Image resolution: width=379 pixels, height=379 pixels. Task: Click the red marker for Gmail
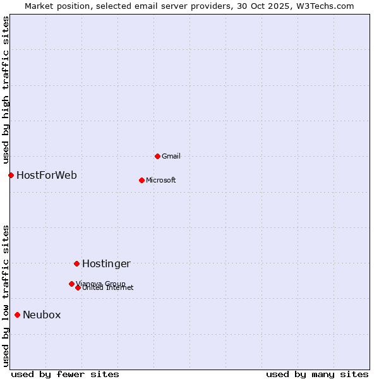click(157, 156)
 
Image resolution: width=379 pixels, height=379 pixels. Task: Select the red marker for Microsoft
click(141, 180)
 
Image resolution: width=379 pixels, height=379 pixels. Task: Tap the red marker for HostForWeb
click(11, 175)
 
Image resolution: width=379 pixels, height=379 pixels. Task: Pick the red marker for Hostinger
click(76, 263)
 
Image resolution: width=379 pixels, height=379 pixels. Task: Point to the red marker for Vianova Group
click(71, 284)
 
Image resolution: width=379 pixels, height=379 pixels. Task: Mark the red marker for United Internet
click(78, 287)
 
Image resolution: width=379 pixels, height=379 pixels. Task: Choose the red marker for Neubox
click(17, 315)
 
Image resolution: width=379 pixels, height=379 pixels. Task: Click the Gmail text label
click(171, 156)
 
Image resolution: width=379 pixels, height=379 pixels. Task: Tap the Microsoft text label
click(161, 180)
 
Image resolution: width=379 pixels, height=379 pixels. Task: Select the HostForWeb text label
click(47, 175)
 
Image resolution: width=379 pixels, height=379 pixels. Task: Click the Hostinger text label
click(106, 263)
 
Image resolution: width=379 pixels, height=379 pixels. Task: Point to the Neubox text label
click(42, 315)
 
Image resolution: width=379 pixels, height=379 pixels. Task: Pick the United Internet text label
click(108, 288)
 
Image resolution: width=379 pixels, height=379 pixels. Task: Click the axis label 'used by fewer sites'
click(65, 374)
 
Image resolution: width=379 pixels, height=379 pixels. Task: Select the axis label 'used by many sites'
click(317, 374)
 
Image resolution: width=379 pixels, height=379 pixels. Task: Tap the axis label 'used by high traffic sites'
click(6, 90)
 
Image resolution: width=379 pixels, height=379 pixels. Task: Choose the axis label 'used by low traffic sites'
click(6, 295)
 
